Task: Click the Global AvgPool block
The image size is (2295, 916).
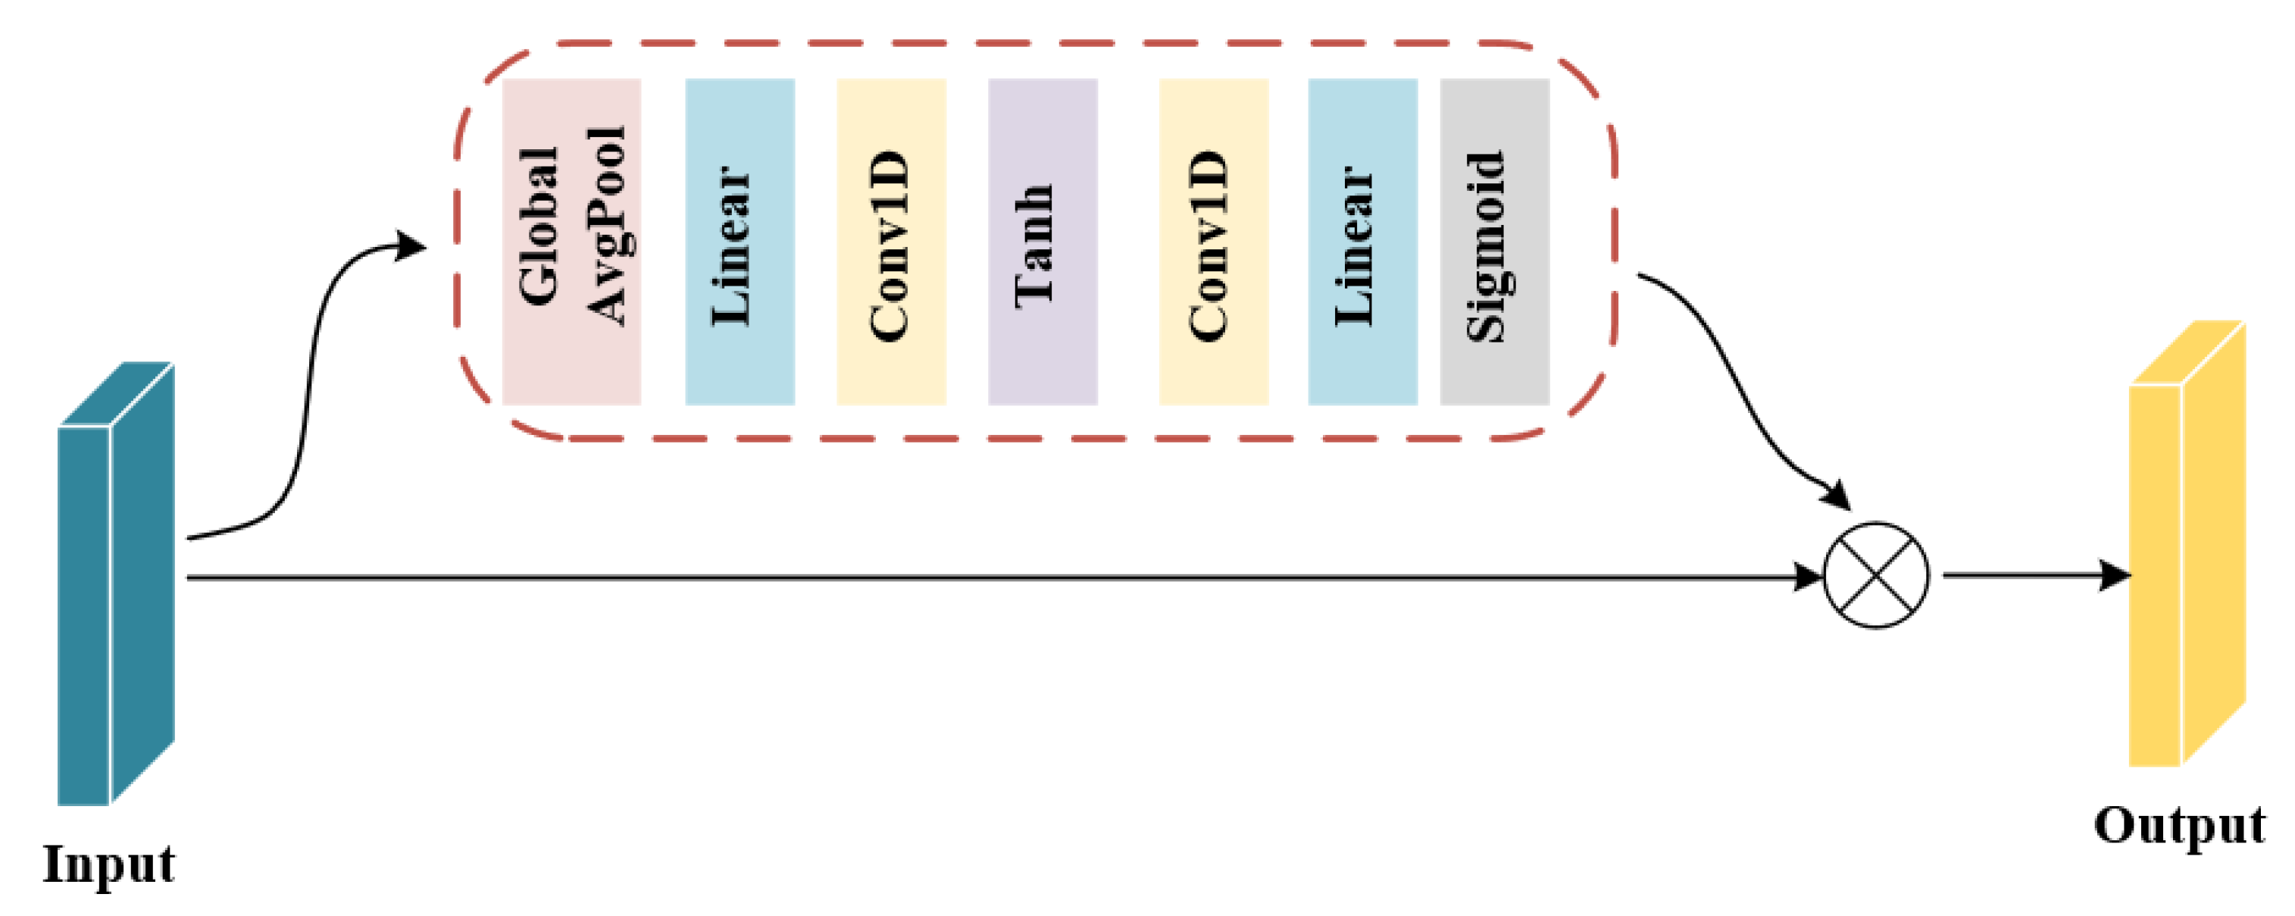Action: (x=571, y=242)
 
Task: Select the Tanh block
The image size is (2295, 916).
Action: (x=1043, y=242)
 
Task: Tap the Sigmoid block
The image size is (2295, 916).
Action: (x=1494, y=242)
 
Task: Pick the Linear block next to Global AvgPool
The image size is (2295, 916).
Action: (x=739, y=242)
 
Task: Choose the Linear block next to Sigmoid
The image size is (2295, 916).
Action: (x=1362, y=242)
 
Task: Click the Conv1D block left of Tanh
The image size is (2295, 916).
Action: (x=891, y=242)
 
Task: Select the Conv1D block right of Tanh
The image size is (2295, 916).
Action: (x=1214, y=242)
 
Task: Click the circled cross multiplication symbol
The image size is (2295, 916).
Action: (x=1876, y=576)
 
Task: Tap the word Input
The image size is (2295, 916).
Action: (x=108, y=864)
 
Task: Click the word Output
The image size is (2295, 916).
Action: (x=2179, y=825)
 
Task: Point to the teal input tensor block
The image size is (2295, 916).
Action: (x=115, y=583)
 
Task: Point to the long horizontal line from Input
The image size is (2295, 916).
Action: (x=980, y=577)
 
